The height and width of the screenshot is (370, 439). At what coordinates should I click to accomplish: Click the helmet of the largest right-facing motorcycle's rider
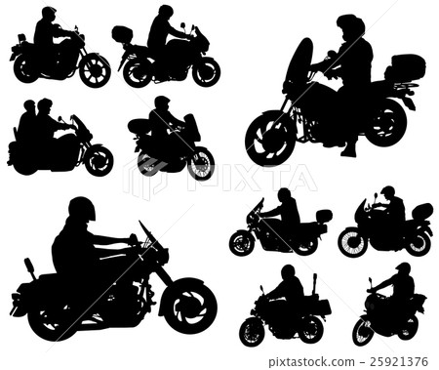(81, 209)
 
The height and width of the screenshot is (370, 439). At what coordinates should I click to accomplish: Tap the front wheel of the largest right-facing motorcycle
(188, 305)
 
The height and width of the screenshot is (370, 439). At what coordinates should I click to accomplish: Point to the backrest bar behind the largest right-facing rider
(30, 268)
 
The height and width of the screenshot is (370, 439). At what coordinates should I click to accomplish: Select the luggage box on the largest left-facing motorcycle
(406, 66)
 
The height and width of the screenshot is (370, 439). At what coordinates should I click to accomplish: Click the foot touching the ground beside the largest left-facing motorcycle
(349, 150)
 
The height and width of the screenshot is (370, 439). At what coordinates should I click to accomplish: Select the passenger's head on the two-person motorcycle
(29, 106)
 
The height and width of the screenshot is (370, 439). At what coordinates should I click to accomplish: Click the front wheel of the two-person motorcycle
(99, 160)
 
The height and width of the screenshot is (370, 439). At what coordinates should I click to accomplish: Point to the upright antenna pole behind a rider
(314, 285)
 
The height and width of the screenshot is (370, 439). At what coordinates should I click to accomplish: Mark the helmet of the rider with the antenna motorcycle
(288, 271)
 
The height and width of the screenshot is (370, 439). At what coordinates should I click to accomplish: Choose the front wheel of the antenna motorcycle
(252, 331)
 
